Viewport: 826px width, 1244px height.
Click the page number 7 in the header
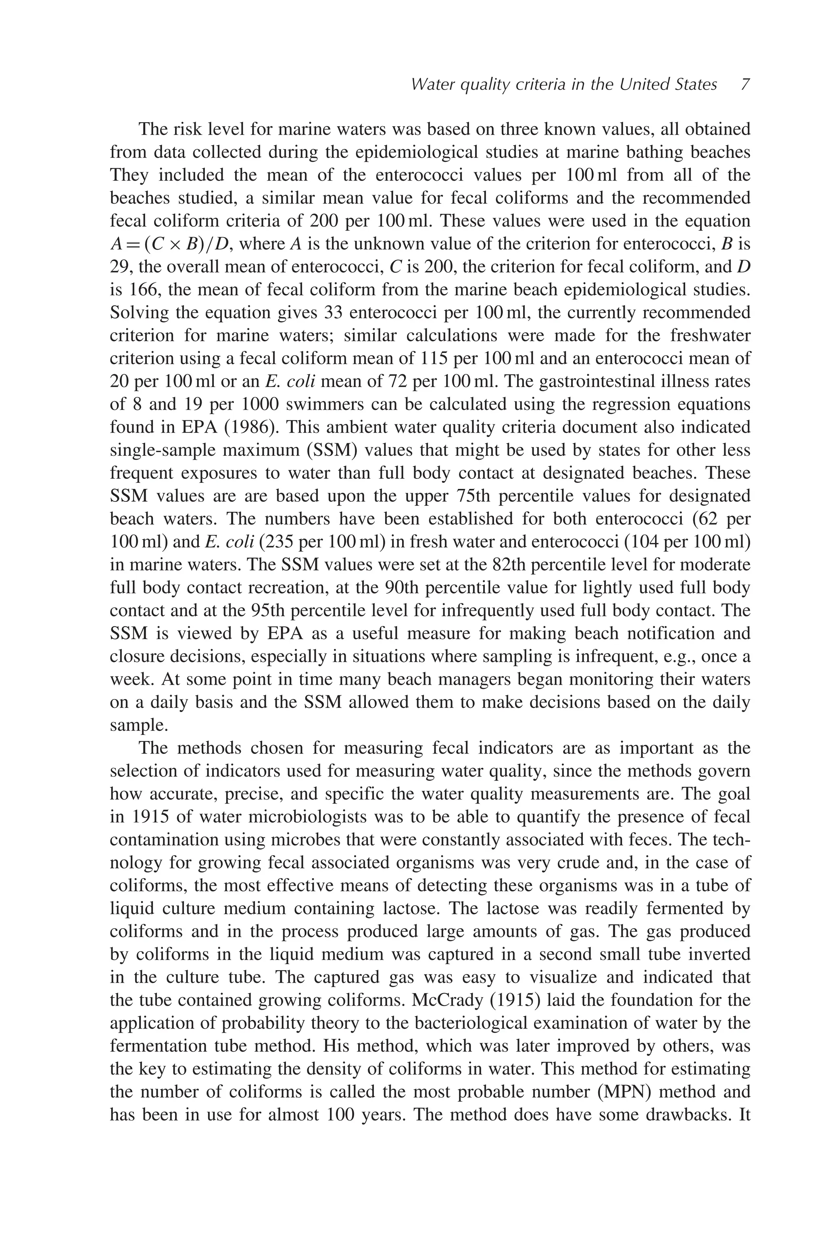tap(745, 84)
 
